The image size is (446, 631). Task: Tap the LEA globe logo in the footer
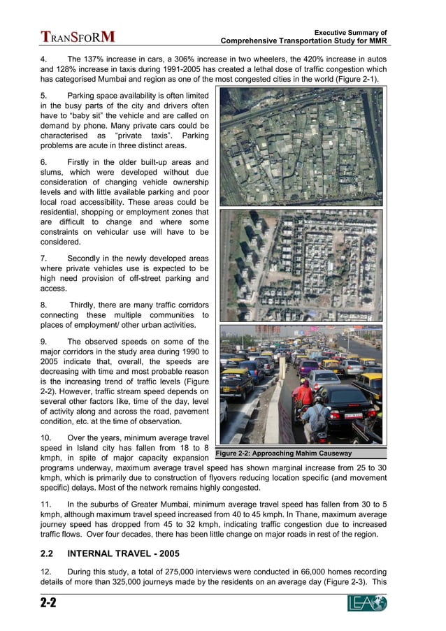click(367, 603)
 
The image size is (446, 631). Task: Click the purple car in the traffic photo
click(307, 367)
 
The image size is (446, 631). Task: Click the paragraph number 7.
click(43, 258)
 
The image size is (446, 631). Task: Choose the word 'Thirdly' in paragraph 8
click(85, 305)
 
